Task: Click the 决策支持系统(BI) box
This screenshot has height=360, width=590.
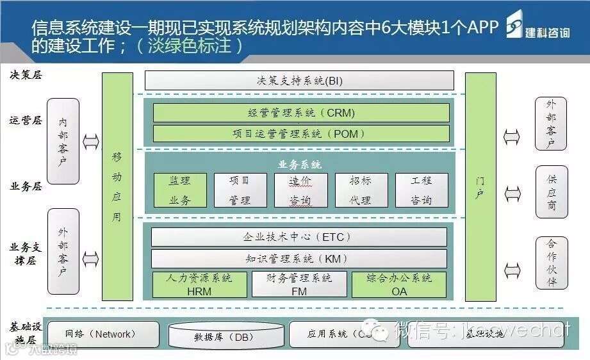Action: point(299,81)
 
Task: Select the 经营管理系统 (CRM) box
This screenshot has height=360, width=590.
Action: point(300,113)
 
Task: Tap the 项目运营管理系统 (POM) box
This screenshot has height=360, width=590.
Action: point(300,133)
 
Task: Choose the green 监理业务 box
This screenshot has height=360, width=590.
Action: point(180,190)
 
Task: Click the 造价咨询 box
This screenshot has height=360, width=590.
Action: point(300,190)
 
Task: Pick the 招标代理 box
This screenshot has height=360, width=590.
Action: point(360,190)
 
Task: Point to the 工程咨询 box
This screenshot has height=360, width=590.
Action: point(421,190)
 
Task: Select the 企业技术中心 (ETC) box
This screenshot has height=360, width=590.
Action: point(299,237)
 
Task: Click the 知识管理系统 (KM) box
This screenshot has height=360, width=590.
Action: point(299,259)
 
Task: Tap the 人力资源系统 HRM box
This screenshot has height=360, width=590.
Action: point(199,284)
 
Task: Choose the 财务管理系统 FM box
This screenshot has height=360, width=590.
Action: point(299,284)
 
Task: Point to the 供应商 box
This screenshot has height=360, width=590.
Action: point(552,192)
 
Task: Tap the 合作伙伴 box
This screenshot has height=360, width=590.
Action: point(552,263)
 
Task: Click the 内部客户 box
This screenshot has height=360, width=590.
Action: point(63,141)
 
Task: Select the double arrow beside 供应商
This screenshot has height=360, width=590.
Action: point(512,192)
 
